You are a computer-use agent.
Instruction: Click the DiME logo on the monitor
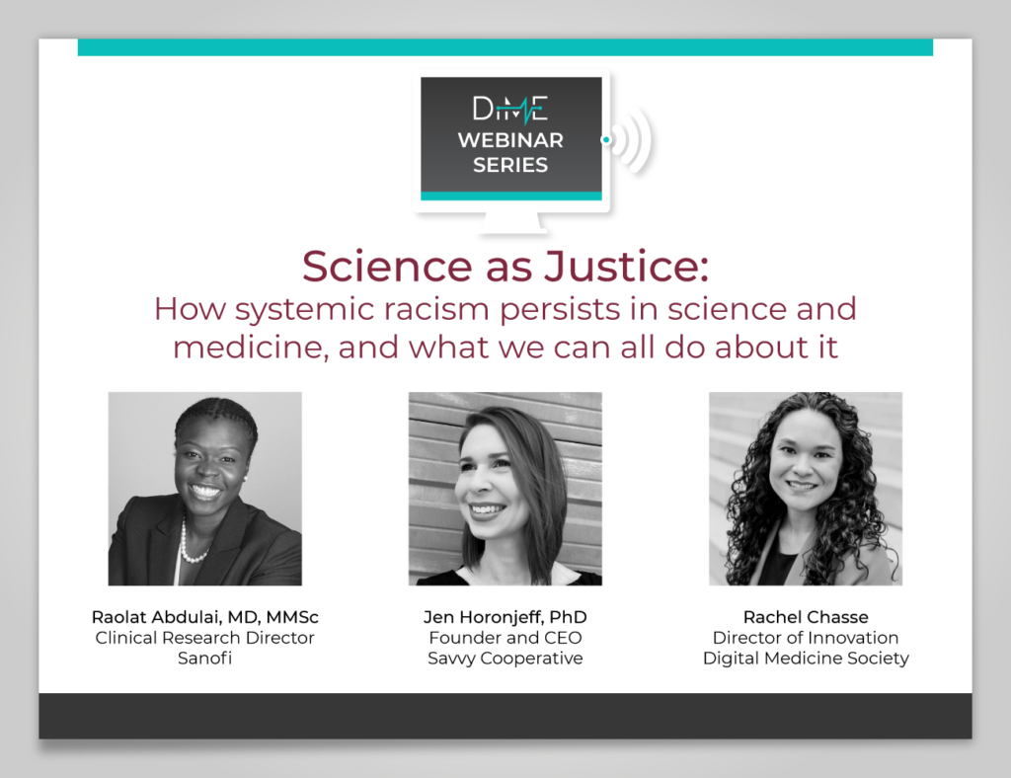(510, 109)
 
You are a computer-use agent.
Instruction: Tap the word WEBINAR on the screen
(510, 140)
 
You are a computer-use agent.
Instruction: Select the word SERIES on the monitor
(510, 165)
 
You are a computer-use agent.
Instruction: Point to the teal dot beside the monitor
(605, 139)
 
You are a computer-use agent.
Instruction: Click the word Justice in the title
(626, 266)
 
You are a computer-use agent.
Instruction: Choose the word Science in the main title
(387, 266)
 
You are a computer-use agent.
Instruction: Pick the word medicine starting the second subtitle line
(251, 347)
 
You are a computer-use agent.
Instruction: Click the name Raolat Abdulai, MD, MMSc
(205, 617)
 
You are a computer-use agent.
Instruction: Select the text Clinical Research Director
(205, 638)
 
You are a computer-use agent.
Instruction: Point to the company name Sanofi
(205, 659)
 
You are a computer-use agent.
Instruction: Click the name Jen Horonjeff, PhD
(505, 617)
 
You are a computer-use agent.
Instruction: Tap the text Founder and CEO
(505, 638)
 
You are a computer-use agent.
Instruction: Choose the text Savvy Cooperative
(505, 659)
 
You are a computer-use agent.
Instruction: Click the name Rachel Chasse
(806, 617)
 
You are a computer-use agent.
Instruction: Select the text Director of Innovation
(806, 638)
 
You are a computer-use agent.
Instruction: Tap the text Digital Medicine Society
(806, 659)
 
